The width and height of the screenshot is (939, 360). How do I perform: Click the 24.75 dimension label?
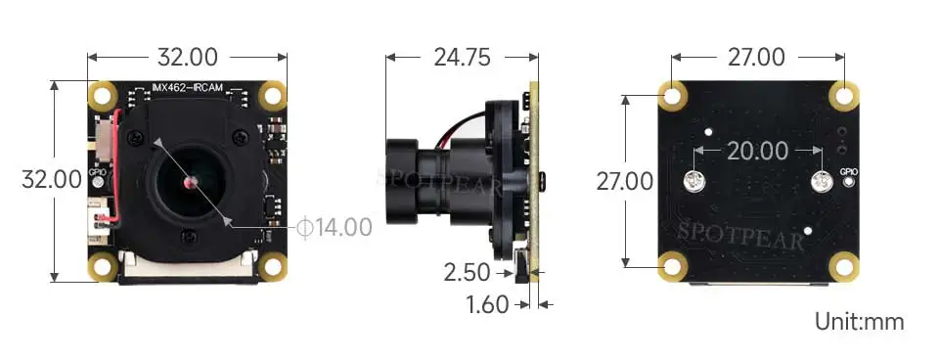click(x=462, y=58)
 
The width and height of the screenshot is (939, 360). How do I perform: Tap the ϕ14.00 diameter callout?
click(x=335, y=227)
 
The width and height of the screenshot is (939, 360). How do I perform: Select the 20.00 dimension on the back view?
click(x=757, y=151)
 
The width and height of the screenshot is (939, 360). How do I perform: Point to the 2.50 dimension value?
click(x=468, y=273)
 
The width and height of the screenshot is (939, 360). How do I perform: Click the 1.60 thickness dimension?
click(x=487, y=305)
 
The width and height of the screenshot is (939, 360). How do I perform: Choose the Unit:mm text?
click(x=860, y=322)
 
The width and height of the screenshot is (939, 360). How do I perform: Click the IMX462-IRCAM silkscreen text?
click(x=188, y=88)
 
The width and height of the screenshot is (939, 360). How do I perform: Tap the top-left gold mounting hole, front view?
click(x=103, y=95)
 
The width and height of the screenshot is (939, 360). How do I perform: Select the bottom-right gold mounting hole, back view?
click(x=844, y=267)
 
